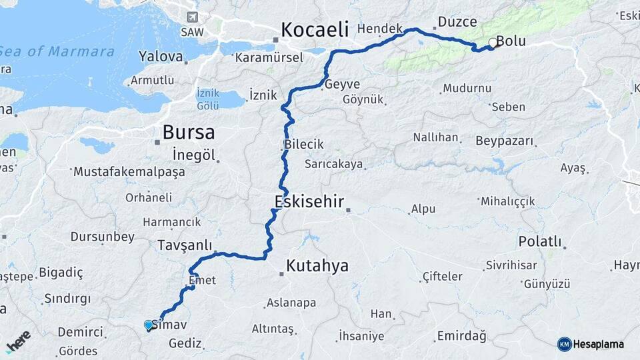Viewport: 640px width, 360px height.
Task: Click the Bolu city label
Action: pyautogui.click(x=512, y=41)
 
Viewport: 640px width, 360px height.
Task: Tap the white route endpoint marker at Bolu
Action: pyautogui.click(x=493, y=43)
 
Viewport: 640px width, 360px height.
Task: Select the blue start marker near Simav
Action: pyautogui.click(x=148, y=325)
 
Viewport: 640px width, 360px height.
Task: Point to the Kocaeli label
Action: pyautogui.click(x=315, y=29)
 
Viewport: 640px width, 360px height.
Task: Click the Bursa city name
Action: pyautogui.click(x=189, y=131)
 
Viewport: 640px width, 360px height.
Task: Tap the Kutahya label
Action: pyautogui.click(x=317, y=266)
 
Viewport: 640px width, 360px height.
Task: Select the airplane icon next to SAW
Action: pyautogui.click(x=193, y=17)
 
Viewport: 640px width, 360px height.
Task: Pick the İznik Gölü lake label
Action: pyautogui.click(x=207, y=99)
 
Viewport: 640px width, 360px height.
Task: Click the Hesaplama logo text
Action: pyautogui.click(x=598, y=344)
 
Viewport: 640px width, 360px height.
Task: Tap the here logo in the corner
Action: pyautogui.click(x=19, y=341)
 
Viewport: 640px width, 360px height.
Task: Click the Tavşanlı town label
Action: pyautogui.click(x=185, y=245)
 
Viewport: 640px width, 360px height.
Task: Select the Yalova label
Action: pyautogui.click(x=161, y=57)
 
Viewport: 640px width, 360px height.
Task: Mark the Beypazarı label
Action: pyautogui.click(x=505, y=141)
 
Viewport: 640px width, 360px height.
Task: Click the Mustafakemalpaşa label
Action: pyautogui.click(x=129, y=172)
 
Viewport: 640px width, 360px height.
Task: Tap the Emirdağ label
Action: pyautogui.click(x=461, y=336)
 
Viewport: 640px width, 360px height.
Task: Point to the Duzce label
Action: pyautogui.click(x=457, y=22)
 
